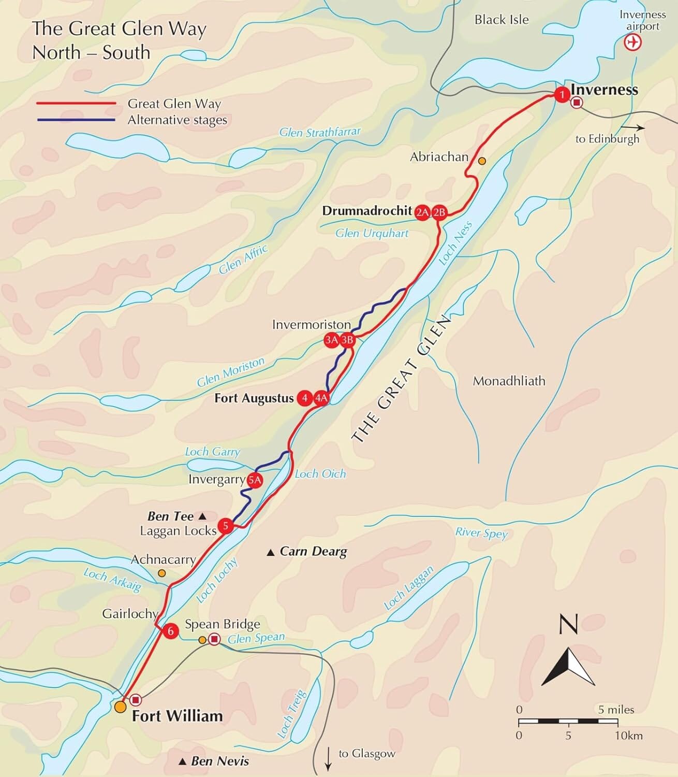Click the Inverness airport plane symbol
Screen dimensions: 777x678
point(632,42)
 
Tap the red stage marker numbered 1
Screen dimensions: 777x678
point(562,95)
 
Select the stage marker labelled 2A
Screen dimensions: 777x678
point(422,211)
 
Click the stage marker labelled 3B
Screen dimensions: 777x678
point(347,340)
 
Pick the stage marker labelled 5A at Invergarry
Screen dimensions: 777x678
point(255,480)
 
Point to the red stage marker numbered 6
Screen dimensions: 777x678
point(170,631)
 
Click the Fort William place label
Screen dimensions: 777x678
point(177,716)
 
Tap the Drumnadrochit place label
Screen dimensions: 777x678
point(367,211)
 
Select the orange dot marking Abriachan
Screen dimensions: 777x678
point(482,161)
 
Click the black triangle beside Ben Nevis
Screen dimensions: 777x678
point(182,761)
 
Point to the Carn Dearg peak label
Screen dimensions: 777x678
point(313,551)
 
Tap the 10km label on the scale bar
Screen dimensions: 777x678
point(628,735)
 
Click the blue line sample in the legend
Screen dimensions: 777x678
point(76,120)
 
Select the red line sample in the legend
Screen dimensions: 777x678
point(76,104)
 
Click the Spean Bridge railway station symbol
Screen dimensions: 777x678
point(214,640)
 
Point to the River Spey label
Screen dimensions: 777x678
point(481,533)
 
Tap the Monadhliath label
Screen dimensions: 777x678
point(509,381)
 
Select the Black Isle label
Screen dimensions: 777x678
point(502,20)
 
